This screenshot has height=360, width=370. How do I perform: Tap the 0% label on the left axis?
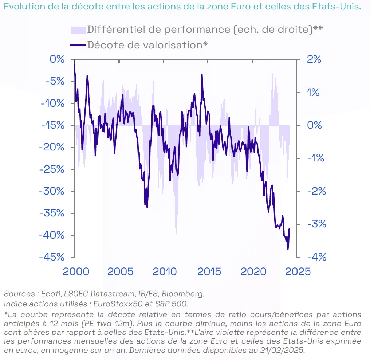tap(57, 59)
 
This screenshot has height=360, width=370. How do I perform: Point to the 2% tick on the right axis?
tap(314, 59)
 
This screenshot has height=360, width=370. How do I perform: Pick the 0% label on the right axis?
tap(314, 125)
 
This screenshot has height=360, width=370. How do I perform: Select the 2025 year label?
tap(296, 271)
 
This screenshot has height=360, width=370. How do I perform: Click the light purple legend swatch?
tap(78, 30)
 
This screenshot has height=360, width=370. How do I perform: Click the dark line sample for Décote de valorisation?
tap(78, 45)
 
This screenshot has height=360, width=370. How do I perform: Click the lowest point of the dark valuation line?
tap(288, 249)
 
